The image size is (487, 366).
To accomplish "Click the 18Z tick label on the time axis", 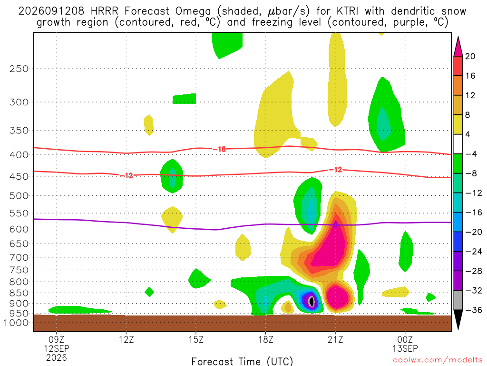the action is click(265, 339).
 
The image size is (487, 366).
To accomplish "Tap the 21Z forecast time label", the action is click(335, 339).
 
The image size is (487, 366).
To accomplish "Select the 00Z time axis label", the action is click(405, 339).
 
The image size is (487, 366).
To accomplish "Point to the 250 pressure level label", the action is click(19, 69).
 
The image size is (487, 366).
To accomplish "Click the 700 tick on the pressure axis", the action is click(19, 257).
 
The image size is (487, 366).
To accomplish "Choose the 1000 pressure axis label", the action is click(17, 323).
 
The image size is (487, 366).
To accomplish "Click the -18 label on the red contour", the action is click(220, 149).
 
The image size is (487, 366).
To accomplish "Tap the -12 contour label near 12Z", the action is click(127, 176).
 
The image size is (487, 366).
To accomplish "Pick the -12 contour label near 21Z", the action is click(336, 170).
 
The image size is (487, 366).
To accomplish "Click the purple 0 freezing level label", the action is click(335, 225).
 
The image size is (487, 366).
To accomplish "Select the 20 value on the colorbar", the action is click(470, 56).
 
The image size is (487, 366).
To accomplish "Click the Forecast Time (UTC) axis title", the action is click(242, 361).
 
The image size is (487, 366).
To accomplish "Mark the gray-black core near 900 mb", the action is click(312, 301).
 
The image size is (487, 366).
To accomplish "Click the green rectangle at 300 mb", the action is click(184, 99).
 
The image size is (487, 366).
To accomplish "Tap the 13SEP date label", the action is click(405, 348).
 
